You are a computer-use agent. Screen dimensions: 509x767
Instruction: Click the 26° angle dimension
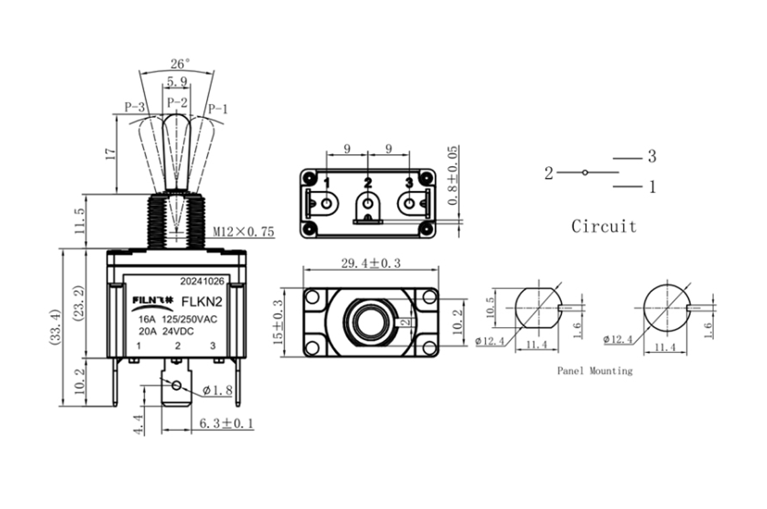180,63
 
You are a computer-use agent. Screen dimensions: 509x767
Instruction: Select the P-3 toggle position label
135,108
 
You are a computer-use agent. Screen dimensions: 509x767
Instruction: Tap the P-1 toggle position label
218,108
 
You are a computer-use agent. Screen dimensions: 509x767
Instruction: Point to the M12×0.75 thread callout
244,232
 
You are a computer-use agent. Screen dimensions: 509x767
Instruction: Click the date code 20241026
202,281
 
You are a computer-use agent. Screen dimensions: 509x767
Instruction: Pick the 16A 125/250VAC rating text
178,319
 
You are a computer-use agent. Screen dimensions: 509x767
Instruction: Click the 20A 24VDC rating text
166,331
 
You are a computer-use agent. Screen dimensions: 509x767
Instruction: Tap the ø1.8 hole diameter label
219,390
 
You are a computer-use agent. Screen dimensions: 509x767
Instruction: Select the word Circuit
603,226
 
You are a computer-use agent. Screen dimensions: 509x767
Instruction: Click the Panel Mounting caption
594,371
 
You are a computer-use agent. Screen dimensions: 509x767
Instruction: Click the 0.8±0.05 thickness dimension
452,177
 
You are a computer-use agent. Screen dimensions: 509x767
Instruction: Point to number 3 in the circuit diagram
652,157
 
